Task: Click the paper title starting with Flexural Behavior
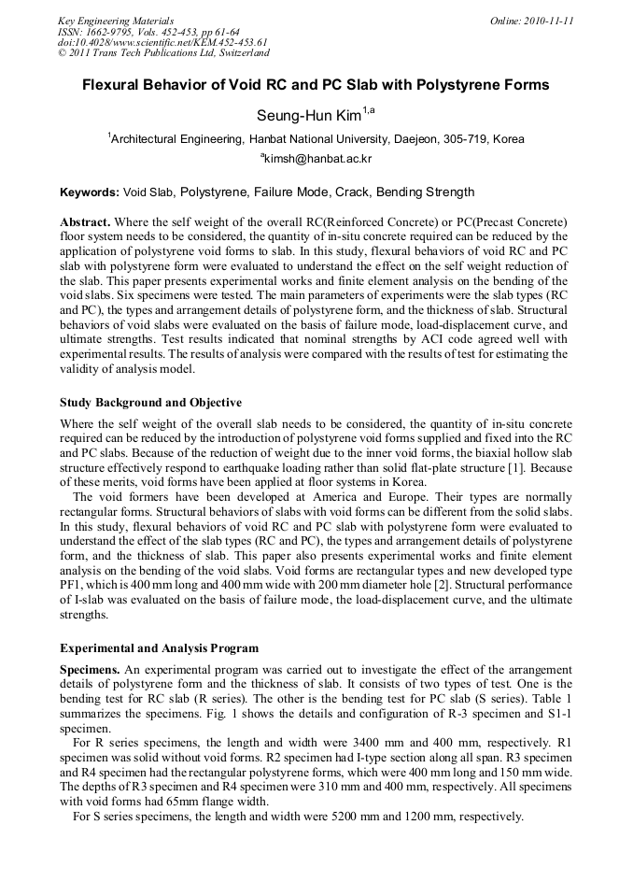tap(316, 85)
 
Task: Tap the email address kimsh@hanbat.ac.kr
tap(316, 159)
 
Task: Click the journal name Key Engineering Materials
tap(115, 21)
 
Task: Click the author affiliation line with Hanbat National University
tap(316, 138)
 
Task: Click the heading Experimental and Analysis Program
tap(159, 647)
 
